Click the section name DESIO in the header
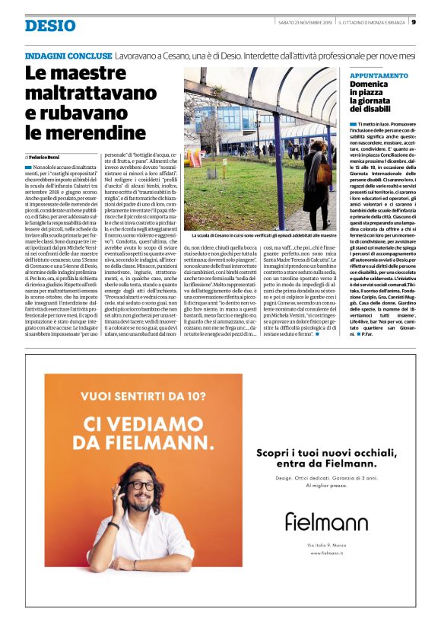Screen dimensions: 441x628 pyautogui.click(x=50, y=26)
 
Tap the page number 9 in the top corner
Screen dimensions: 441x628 pyautogui.click(x=413, y=21)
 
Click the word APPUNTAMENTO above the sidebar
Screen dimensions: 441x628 pyautogui.click(x=379, y=75)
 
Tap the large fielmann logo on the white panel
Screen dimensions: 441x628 pyautogui.click(x=325, y=521)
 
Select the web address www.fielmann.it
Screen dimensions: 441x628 pyautogui.click(x=325, y=553)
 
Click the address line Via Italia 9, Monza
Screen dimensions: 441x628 pyautogui.click(x=325, y=544)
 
